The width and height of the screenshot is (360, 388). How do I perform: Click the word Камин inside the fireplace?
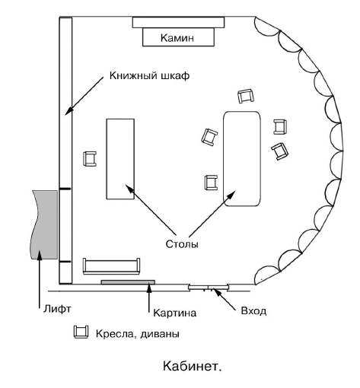pos(177,38)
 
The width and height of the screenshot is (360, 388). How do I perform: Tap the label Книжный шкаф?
pos(149,75)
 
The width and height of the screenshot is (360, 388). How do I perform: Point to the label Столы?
pos(182,244)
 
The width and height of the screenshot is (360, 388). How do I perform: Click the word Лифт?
pos(57,309)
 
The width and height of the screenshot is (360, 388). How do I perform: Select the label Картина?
pos(175,313)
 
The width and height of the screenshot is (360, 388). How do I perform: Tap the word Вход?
pos(253,310)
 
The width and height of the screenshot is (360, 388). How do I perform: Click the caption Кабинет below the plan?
pos(192,366)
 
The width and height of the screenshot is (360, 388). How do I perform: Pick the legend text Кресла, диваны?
pos(138,334)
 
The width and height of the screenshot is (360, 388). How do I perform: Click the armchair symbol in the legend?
pos(81,332)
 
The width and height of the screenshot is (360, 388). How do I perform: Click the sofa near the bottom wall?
pos(111,266)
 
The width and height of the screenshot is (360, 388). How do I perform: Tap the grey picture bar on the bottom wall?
pos(128,282)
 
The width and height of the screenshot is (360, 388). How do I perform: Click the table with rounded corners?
pos(242,158)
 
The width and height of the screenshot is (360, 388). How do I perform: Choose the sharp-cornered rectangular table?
pos(120,159)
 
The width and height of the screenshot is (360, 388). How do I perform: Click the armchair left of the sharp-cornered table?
pos(90,159)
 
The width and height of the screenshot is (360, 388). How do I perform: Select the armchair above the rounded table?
pos(246,96)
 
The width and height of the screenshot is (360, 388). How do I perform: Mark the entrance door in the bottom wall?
pos(209,287)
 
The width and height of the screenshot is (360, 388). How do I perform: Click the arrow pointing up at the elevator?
pos(40,279)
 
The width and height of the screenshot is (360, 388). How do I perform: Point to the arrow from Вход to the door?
pos(224,299)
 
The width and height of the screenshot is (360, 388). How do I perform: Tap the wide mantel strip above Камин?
pos(178,22)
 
